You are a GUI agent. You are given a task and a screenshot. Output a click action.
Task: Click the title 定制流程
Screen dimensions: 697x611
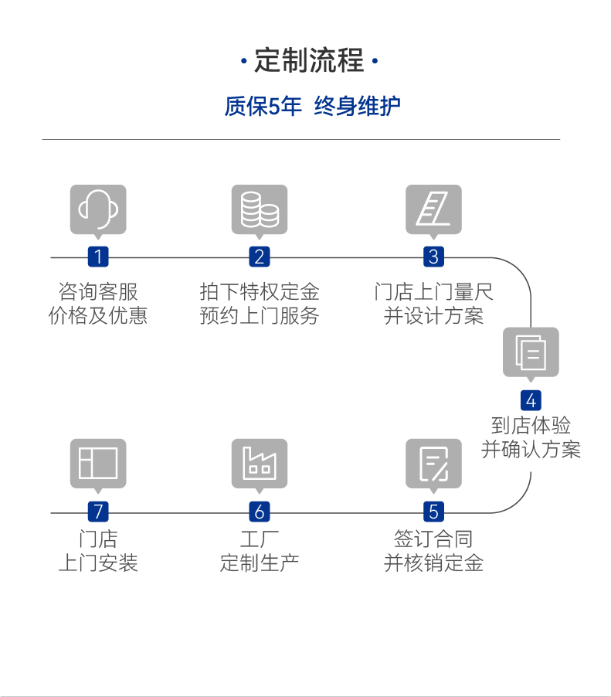309,60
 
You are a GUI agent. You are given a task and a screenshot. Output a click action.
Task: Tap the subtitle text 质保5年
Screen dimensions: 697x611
263,107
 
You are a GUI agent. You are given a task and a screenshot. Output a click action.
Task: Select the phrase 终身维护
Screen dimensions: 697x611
358,107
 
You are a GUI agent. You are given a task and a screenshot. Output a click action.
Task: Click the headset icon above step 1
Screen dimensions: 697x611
98,209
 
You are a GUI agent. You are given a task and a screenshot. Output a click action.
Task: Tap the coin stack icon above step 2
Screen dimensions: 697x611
260,209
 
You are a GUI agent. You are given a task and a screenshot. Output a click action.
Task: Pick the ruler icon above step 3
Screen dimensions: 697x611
433,209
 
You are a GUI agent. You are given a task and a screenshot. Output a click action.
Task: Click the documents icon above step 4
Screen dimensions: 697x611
531,352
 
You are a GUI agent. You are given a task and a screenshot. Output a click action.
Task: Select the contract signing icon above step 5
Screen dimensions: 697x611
433,464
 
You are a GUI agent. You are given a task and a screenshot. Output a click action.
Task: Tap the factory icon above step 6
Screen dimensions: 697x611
260,464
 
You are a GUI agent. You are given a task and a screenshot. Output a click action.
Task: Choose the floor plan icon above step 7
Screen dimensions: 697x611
98,464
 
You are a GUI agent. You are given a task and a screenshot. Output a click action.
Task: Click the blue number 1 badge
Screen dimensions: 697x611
98,257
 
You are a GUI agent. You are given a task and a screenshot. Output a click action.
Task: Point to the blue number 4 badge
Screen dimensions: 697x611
531,400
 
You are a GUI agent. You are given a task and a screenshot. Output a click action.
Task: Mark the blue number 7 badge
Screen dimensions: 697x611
98,512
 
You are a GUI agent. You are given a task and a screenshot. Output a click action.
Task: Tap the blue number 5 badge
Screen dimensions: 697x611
433,512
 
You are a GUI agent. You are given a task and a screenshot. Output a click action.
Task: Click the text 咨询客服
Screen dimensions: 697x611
98,292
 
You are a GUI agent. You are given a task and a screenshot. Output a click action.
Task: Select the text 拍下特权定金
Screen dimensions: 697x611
260,292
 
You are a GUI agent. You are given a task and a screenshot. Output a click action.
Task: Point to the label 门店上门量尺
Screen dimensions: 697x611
433,292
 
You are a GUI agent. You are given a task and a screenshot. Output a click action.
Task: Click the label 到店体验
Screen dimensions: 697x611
531,425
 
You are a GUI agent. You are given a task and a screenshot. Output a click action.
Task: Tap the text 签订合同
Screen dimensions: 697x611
433,539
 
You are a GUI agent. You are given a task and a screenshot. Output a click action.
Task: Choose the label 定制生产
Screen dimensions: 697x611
260,563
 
